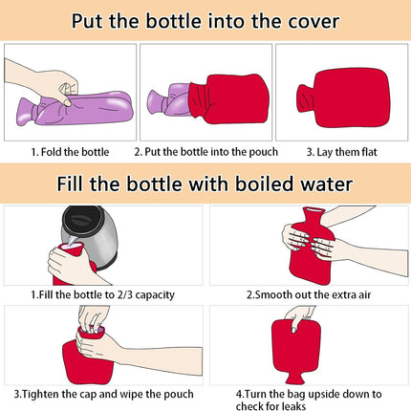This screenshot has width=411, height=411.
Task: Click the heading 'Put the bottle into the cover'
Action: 205,21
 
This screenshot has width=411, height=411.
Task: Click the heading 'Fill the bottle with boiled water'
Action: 205,184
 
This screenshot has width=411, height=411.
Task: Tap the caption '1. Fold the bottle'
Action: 69,152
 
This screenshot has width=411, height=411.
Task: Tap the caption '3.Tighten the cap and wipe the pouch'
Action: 103,393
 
